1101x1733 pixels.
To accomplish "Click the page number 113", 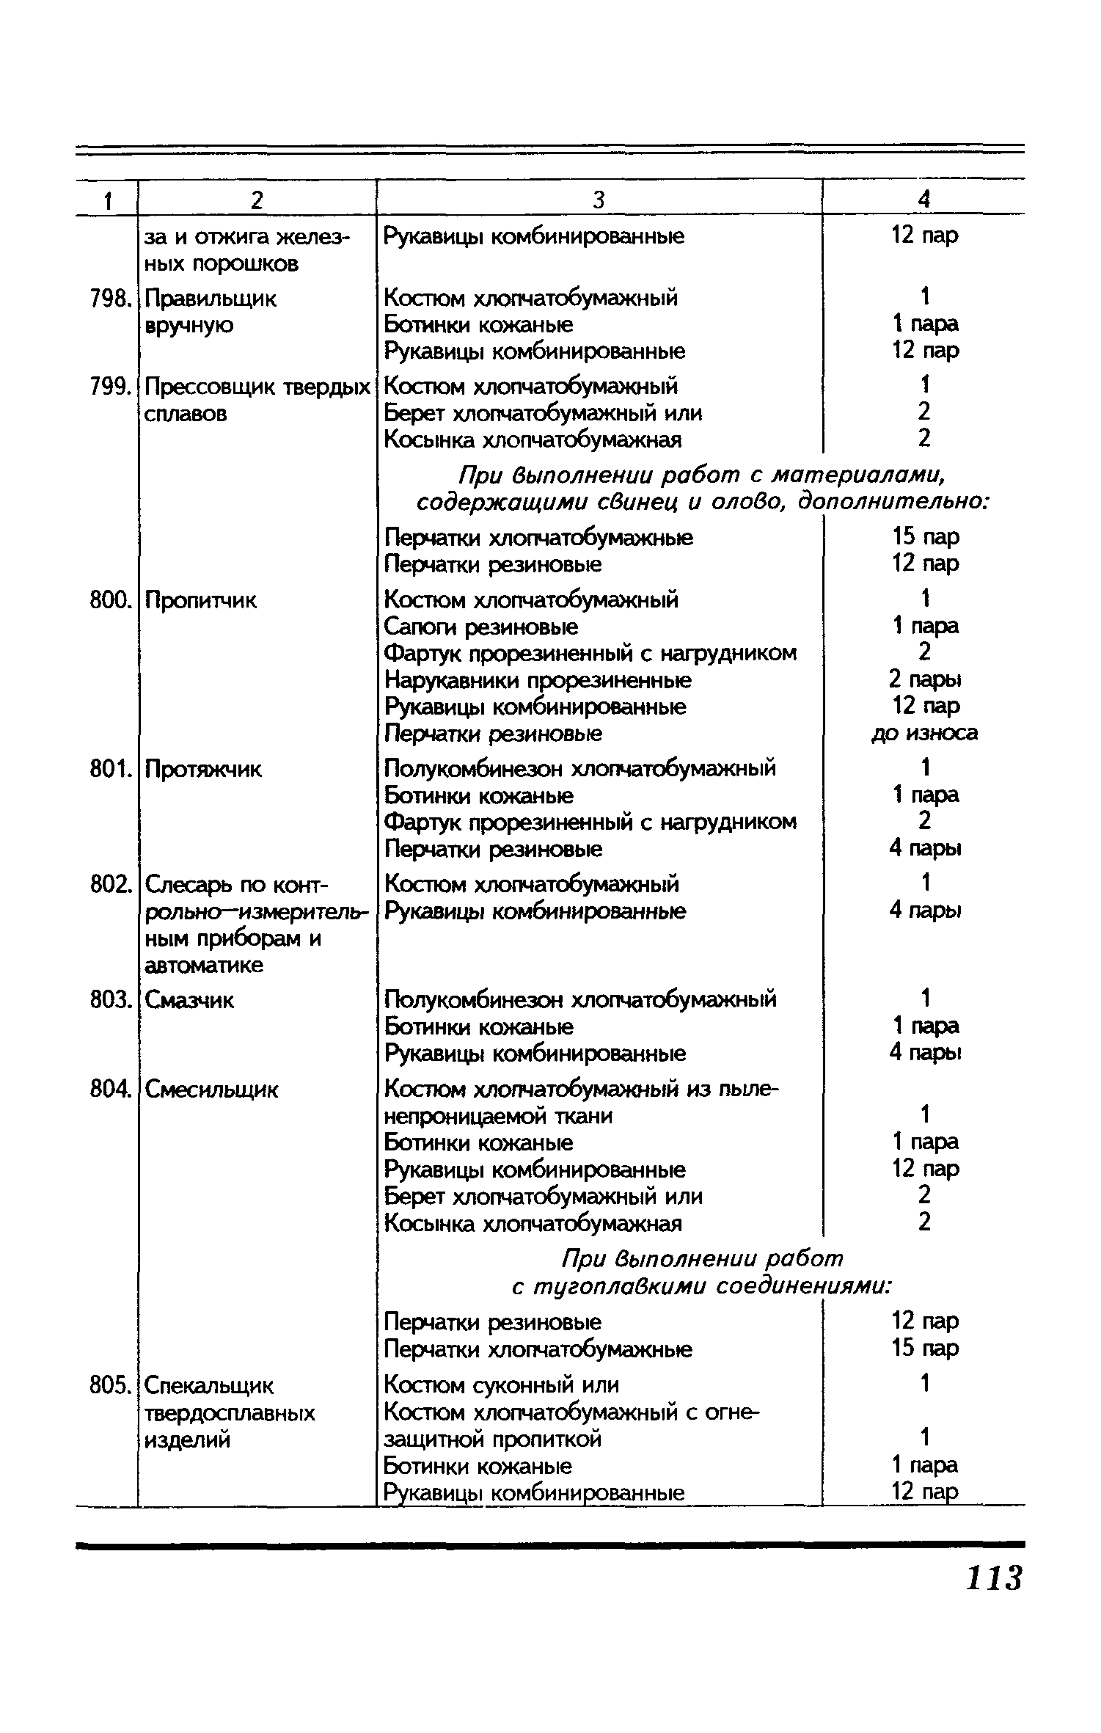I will coord(993,1577).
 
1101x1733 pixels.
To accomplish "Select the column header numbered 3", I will coord(599,200).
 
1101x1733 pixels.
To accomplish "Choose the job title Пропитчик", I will coord(201,601).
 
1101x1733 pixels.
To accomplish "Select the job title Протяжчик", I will coord(203,770).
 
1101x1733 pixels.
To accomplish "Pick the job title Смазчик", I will coord(189,1000).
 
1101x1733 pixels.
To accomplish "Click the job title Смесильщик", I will coord(212,1091).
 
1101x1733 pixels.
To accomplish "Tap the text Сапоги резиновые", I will coord(481,627).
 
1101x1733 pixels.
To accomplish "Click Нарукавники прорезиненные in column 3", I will coord(538,681).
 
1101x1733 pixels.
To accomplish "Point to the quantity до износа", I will coord(924,733).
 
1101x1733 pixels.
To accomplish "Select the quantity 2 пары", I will coord(924,679).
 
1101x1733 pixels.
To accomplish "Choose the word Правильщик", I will coord(211,299).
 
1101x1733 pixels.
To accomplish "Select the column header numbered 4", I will coord(924,200).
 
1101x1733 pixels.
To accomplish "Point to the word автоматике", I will coord(204,966).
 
